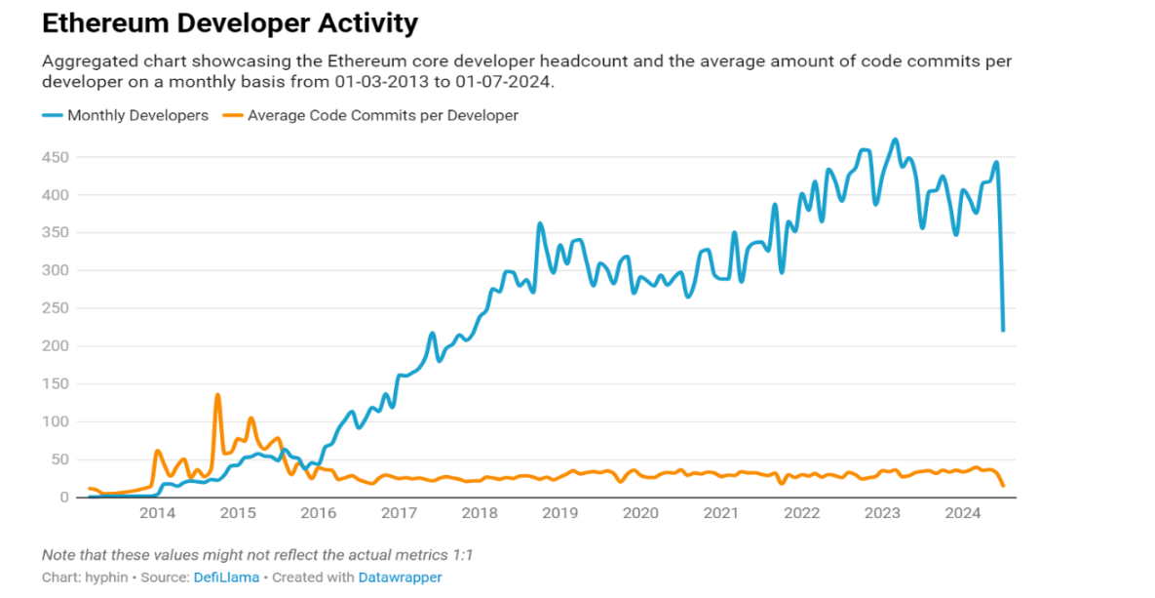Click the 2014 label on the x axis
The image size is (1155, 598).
pyautogui.click(x=158, y=514)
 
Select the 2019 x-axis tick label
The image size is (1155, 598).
pyautogui.click(x=559, y=514)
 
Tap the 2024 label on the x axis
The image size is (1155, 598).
pyautogui.click(x=963, y=514)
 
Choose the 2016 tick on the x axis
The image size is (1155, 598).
pyautogui.click(x=318, y=514)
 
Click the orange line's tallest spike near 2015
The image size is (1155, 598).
pyautogui.click(x=217, y=395)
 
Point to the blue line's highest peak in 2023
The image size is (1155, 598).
pyautogui.click(x=895, y=140)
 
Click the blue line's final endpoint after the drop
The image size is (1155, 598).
pyautogui.click(x=1003, y=330)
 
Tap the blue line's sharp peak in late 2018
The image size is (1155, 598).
pyautogui.click(x=540, y=223)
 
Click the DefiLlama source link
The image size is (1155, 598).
pyautogui.click(x=225, y=578)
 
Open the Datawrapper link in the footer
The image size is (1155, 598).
pyautogui.click(x=400, y=578)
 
